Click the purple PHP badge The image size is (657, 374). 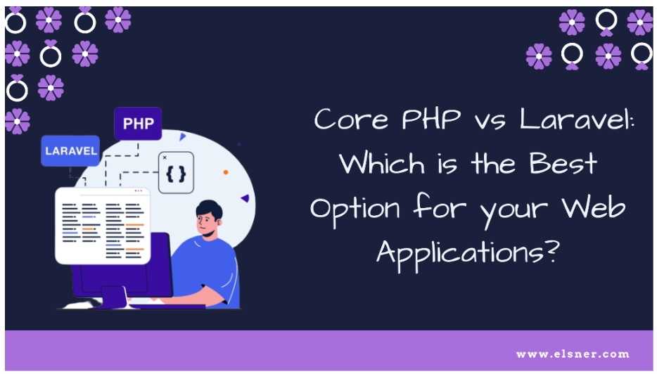pyautogui.click(x=138, y=124)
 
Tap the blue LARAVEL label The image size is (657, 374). pyautogui.click(x=70, y=150)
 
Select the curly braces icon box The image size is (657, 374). pyautogui.click(x=176, y=172)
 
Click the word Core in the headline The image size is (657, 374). pyautogui.click(x=351, y=119)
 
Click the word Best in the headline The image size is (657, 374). pyautogui.click(x=563, y=163)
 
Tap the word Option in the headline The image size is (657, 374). pyautogui.click(x=355, y=209)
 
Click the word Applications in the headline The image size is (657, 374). pyautogui.click(x=461, y=253)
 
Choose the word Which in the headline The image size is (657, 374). pyautogui.click(x=382, y=163)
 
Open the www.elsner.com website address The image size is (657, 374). pyautogui.click(x=573, y=354)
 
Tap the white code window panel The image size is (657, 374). pyautogui.click(x=103, y=226)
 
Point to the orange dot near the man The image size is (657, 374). pyautogui.click(x=225, y=172)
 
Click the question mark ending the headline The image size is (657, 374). pyautogui.click(x=553, y=250)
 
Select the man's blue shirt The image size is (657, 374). pyautogui.click(x=205, y=268)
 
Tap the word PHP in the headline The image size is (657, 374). pyautogui.click(x=431, y=119)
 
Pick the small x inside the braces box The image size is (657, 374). pyautogui.click(x=165, y=157)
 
